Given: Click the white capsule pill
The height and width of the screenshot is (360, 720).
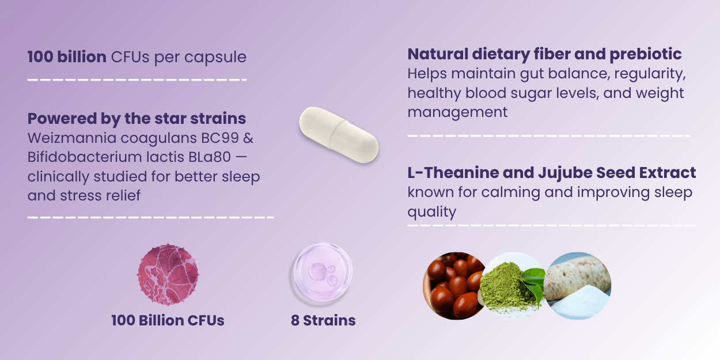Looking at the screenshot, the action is (x=339, y=135).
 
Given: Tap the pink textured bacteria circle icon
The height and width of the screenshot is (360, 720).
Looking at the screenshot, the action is (x=168, y=275).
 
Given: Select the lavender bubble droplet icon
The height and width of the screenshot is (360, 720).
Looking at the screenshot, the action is (x=323, y=272).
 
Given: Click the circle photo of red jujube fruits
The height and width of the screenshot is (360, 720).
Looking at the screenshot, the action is (x=453, y=286).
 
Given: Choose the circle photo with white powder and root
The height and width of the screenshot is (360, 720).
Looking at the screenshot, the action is (x=578, y=286).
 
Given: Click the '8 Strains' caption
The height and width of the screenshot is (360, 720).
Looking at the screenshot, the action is (x=323, y=320).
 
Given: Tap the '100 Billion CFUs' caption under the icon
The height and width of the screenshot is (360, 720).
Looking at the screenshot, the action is (x=168, y=320).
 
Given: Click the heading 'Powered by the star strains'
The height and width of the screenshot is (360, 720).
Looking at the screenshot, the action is (x=137, y=119).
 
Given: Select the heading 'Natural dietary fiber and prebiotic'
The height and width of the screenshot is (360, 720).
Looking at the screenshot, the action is (x=544, y=54).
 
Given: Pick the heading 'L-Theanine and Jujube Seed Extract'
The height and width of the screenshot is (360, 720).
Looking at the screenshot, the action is (x=552, y=173).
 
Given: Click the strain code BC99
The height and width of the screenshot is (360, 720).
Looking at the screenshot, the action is (x=220, y=138).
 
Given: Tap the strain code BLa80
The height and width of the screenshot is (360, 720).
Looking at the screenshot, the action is (x=210, y=157).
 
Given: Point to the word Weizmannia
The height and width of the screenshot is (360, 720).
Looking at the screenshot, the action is (x=71, y=138).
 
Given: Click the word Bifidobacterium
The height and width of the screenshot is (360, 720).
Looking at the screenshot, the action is (x=85, y=157).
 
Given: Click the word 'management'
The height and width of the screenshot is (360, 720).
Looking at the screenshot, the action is (x=457, y=113).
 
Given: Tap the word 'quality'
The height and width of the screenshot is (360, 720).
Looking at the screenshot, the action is (x=431, y=213).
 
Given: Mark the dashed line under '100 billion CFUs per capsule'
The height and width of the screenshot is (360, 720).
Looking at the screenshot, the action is (x=137, y=79).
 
